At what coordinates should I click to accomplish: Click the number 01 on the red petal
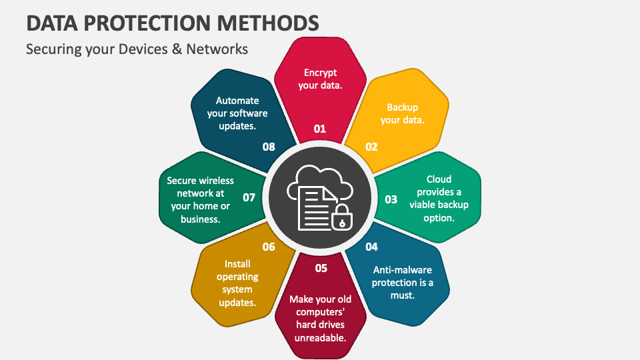pos(320,129)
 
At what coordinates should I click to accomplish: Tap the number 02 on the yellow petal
pos(371,147)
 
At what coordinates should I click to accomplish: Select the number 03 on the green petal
pos(391,199)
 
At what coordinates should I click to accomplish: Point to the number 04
pos(371,247)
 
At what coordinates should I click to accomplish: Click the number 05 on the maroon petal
pos(321,268)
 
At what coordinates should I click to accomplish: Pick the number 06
pos(269,247)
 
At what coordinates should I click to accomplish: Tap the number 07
pos(249,197)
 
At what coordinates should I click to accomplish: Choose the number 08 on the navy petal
pos(269,147)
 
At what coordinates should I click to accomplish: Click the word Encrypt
pos(321,73)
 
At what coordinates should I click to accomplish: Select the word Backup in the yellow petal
pos(402,107)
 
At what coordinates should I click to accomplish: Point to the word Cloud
pos(439,179)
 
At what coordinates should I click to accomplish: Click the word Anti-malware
pos(403,270)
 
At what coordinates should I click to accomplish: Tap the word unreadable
pos(320,337)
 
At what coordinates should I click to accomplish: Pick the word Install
pos(238,264)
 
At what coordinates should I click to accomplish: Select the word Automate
pos(237,101)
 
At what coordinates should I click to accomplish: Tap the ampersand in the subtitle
pos(176,49)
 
